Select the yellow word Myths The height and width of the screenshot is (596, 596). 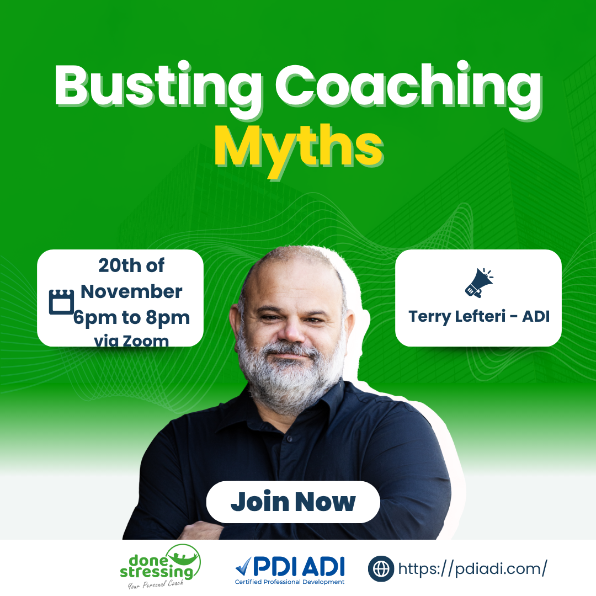pyautogui.click(x=299, y=149)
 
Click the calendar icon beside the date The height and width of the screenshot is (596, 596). pyautogui.click(x=61, y=302)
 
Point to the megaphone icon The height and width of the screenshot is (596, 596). pyautogui.click(x=478, y=283)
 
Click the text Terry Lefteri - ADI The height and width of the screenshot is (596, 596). pyautogui.click(x=479, y=316)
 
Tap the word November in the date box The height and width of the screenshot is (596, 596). pyautogui.click(x=131, y=291)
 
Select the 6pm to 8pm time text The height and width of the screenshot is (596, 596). pyautogui.click(x=131, y=318)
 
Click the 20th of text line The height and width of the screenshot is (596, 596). pyautogui.click(x=131, y=265)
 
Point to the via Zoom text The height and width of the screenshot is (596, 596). pyautogui.click(x=131, y=340)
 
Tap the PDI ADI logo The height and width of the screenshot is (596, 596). pyautogui.click(x=290, y=570)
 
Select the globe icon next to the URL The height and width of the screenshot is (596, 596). pyautogui.click(x=381, y=568)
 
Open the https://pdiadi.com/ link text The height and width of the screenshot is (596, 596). pyautogui.click(x=472, y=568)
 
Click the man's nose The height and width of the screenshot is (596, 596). pyautogui.click(x=291, y=330)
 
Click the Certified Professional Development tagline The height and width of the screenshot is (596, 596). pyautogui.click(x=290, y=582)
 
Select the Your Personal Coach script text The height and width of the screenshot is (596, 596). pyautogui.click(x=156, y=584)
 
